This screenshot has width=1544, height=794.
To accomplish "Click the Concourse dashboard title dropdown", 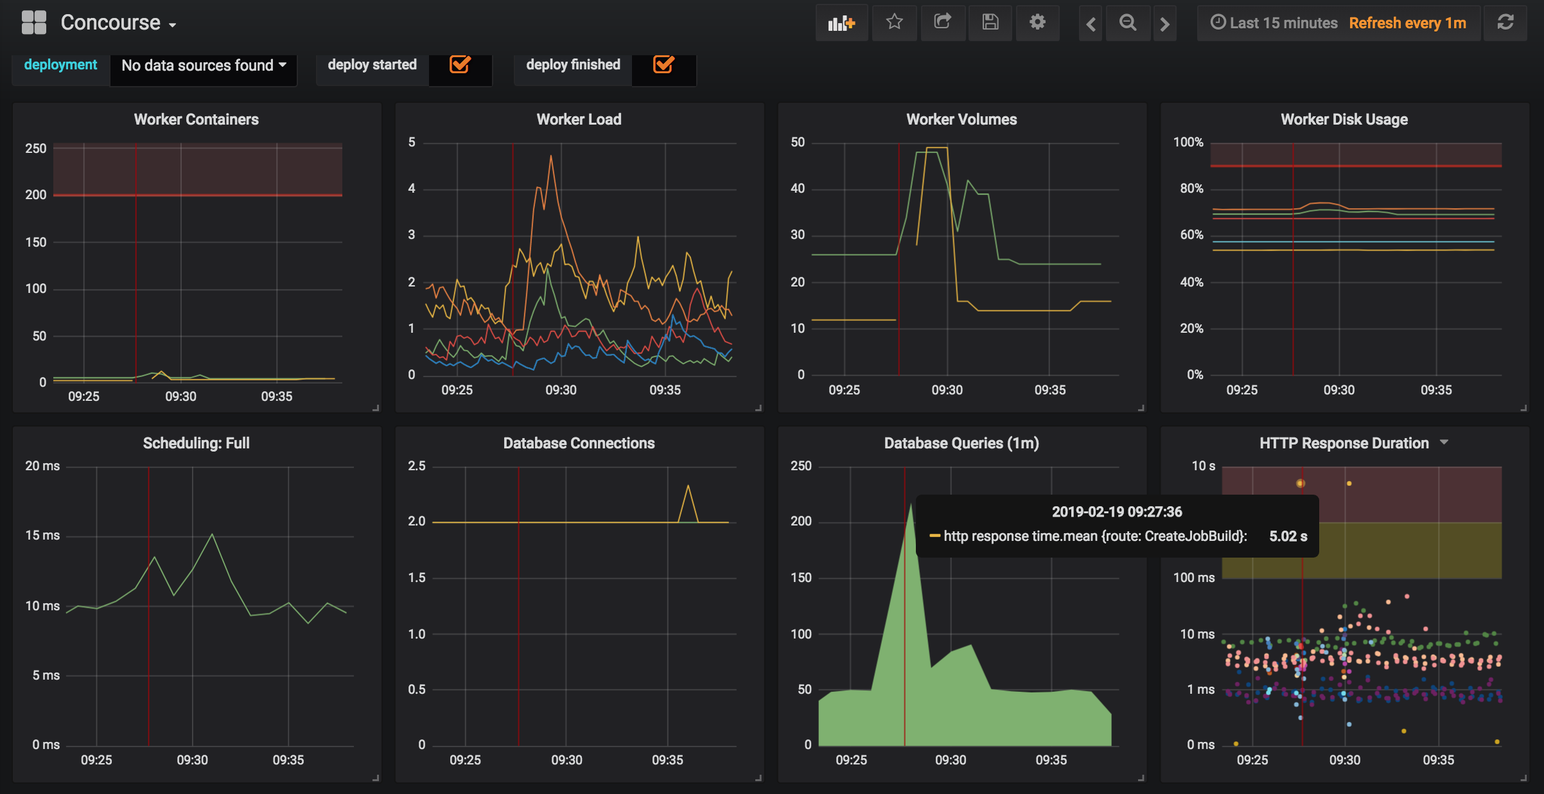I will coord(118,23).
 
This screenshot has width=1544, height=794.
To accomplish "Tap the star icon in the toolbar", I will coord(894,22).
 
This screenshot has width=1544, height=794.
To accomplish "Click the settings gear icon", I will coord(1037,22).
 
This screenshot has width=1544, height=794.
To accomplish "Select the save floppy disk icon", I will coord(990,22).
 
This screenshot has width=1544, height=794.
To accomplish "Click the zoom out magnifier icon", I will coord(1128,23).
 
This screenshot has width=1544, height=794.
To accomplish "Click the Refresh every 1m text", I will coord(1407,23).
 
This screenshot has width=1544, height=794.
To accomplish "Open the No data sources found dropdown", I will coord(204,66).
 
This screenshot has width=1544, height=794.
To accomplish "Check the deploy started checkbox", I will coord(460,64).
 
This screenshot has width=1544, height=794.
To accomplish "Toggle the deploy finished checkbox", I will coord(663,64).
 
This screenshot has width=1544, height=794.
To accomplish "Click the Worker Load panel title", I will coord(579,119).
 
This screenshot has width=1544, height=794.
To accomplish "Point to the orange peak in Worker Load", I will coord(550,156).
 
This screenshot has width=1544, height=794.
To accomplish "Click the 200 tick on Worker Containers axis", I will coord(36,195).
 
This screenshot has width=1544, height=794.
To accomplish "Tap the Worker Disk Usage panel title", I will coord(1344,119).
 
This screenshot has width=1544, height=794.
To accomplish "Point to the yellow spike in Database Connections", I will coord(688,486).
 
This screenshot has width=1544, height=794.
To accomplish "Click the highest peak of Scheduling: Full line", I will coord(212,534).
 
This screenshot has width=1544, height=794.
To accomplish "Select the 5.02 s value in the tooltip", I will coord(1288,536).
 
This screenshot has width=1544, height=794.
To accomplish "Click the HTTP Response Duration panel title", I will coord(1344,443).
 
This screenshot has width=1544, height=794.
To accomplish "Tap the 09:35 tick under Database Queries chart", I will coord(1051,760).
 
